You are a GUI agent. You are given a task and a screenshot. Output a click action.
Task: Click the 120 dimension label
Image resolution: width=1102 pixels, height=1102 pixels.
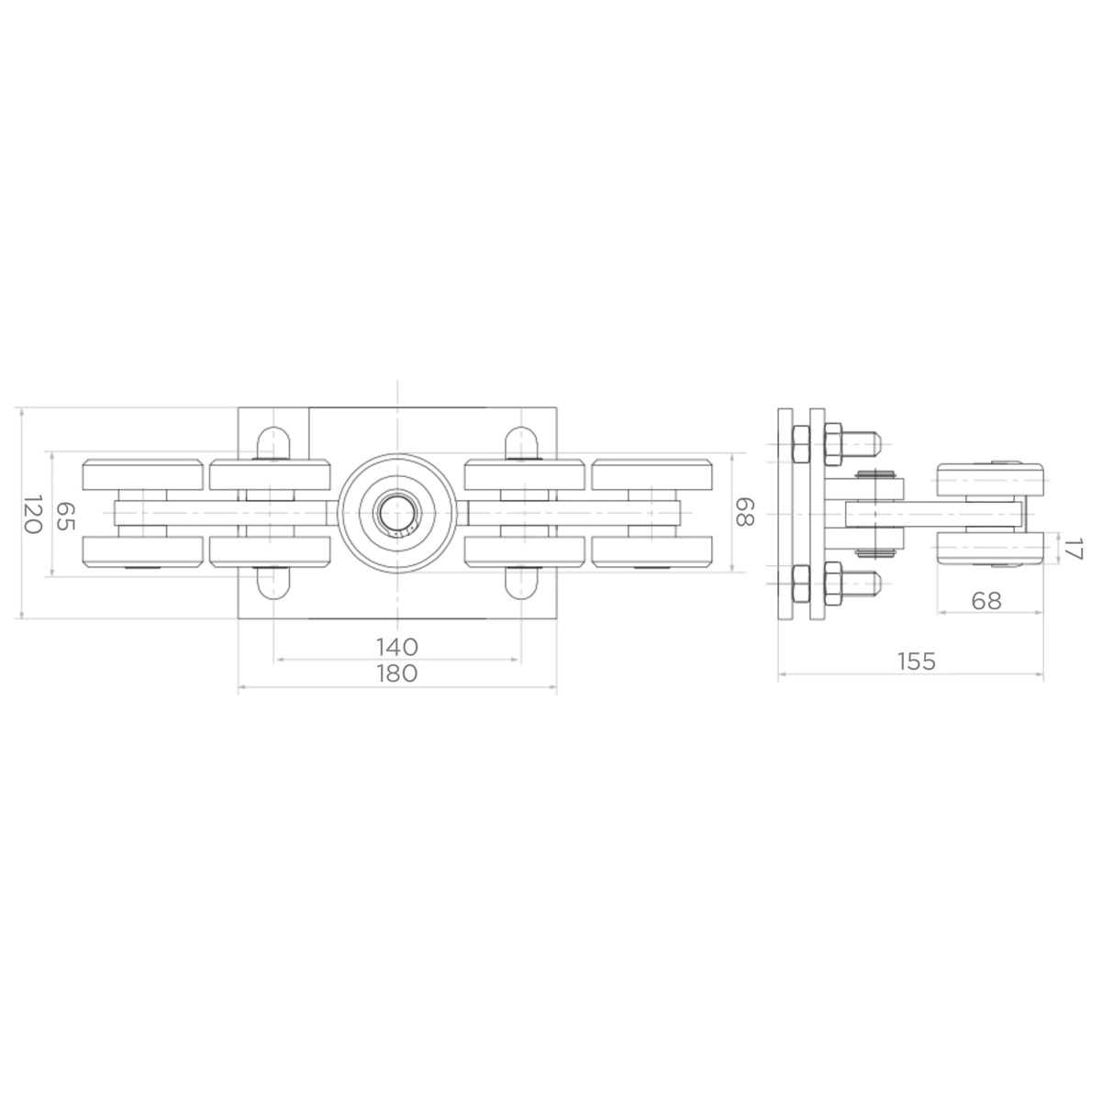click(32, 515)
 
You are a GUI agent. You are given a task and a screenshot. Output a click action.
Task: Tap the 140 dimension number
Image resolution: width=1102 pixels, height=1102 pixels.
click(397, 647)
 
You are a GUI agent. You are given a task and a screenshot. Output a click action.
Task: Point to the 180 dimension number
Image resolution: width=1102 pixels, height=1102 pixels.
click(397, 673)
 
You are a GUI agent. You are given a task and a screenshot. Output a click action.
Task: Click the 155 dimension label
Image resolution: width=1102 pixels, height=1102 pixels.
click(916, 661)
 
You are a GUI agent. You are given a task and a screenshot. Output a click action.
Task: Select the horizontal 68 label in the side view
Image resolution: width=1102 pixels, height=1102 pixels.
click(986, 600)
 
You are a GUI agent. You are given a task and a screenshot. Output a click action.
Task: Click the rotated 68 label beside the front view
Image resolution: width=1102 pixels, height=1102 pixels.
click(744, 512)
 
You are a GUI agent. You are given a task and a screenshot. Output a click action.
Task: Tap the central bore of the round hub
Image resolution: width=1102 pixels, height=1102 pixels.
click(397, 513)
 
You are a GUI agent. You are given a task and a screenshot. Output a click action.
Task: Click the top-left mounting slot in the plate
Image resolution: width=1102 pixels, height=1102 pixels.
click(273, 442)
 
